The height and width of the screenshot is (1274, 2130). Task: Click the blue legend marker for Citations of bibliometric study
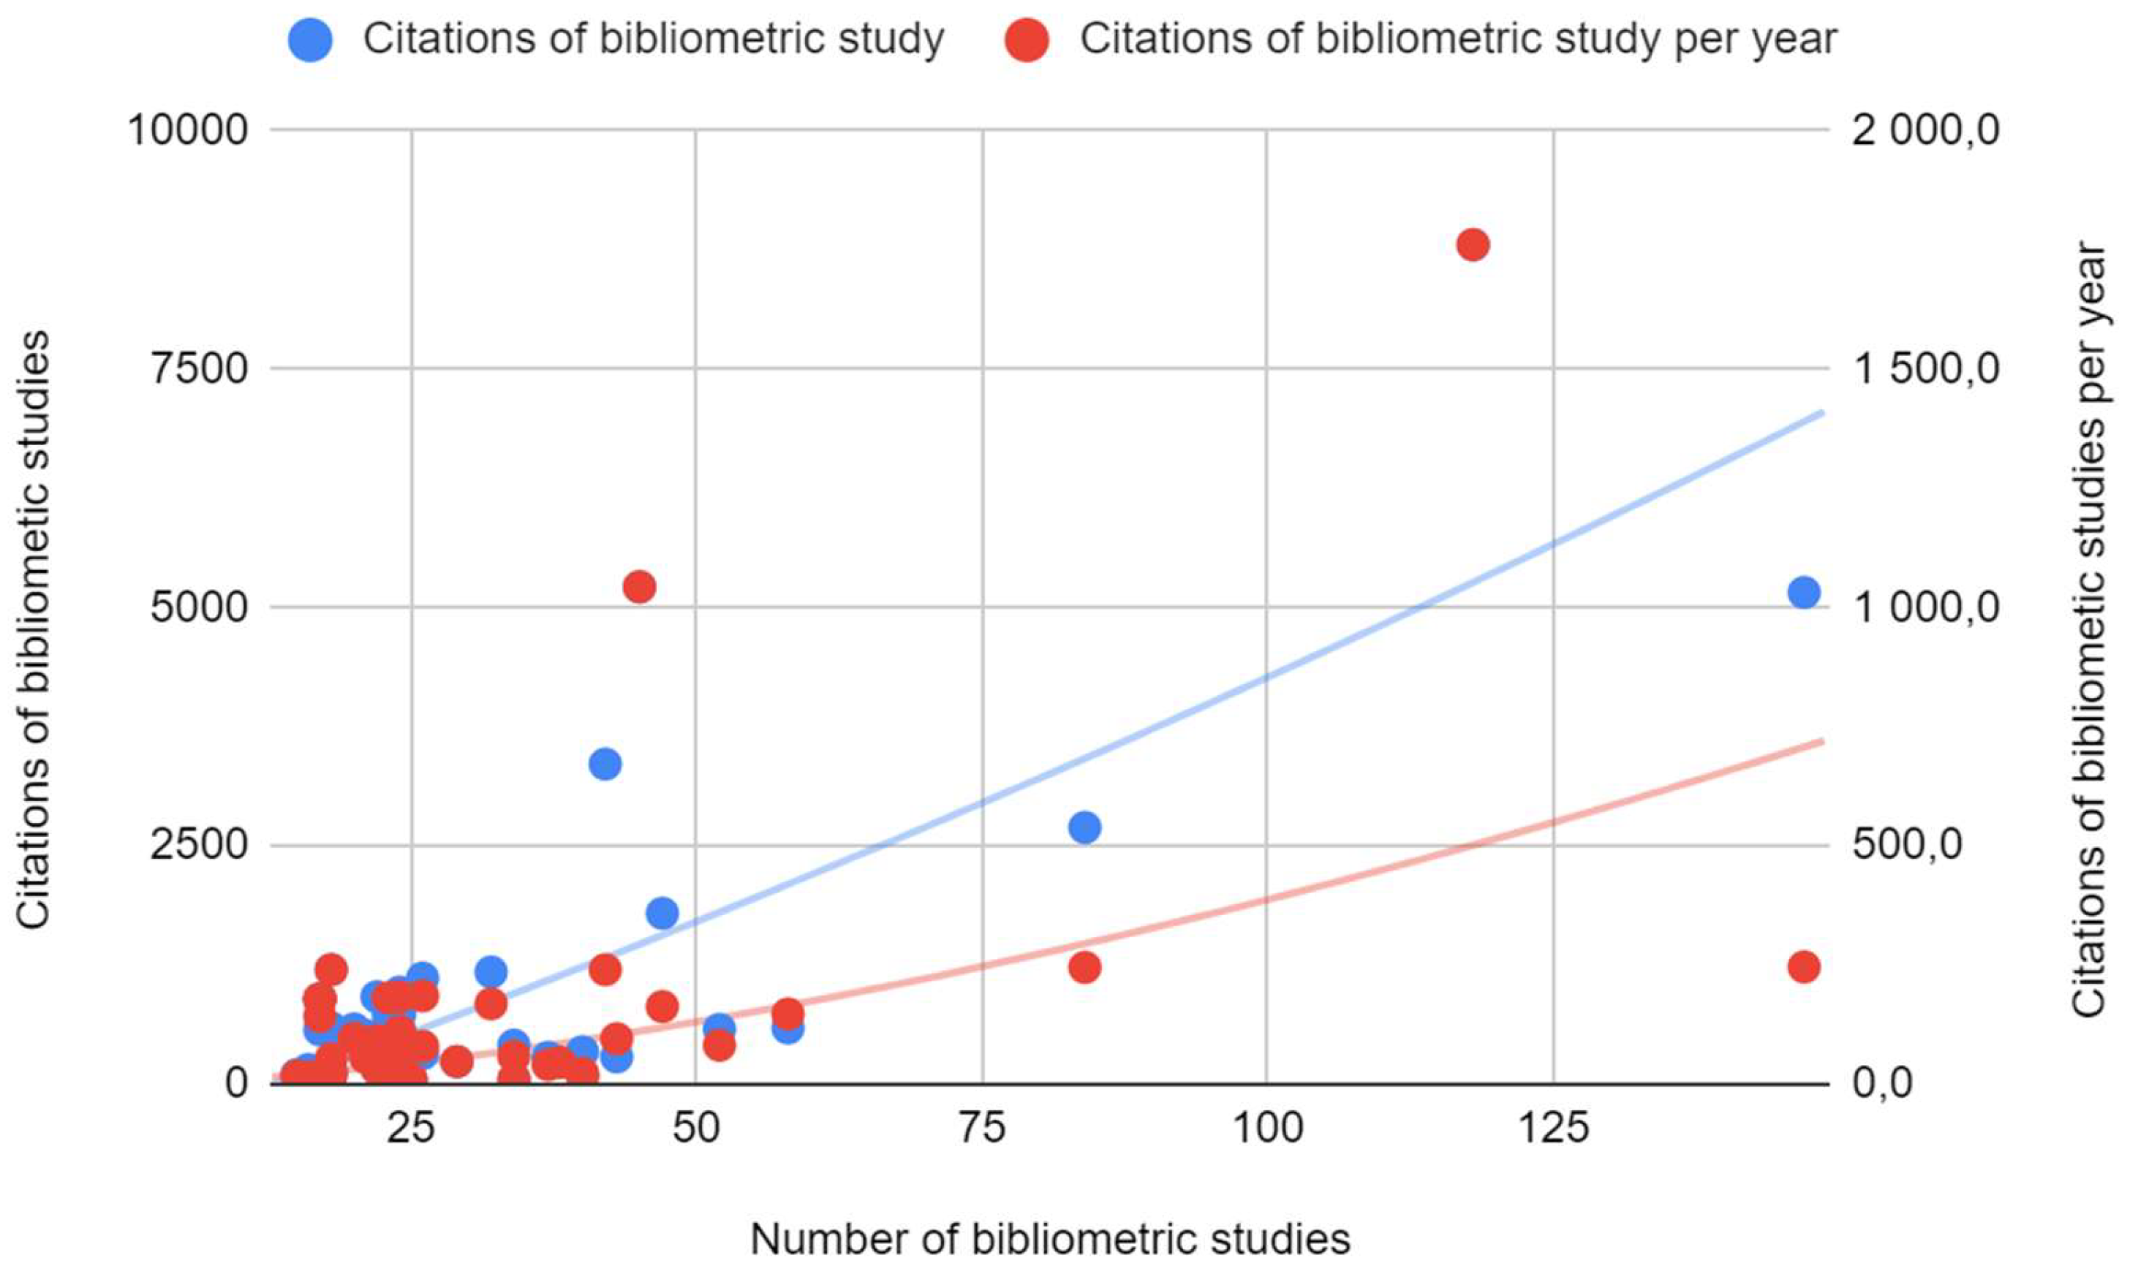(x=311, y=39)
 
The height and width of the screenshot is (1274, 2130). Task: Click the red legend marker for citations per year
(x=1027, y=39)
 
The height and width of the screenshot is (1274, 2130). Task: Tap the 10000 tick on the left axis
(x=188, y=131)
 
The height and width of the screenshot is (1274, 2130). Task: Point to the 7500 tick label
(x=200, y=369)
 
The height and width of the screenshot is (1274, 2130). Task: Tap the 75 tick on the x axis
(x=982, y=1130)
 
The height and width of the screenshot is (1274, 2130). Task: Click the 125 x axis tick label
(x=1553, y=1130)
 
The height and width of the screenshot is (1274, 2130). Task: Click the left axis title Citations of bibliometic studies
(x=34, y=630)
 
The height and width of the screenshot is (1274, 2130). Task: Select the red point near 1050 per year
(x=639, y=587)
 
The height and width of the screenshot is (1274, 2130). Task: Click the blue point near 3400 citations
(x=605, y=763)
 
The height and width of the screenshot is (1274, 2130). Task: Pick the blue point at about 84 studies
(x=1085, y=827)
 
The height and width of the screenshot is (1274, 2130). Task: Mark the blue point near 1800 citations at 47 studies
(x=662, y=913)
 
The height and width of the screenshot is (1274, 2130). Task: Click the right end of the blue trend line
(x=1821, y=413)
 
